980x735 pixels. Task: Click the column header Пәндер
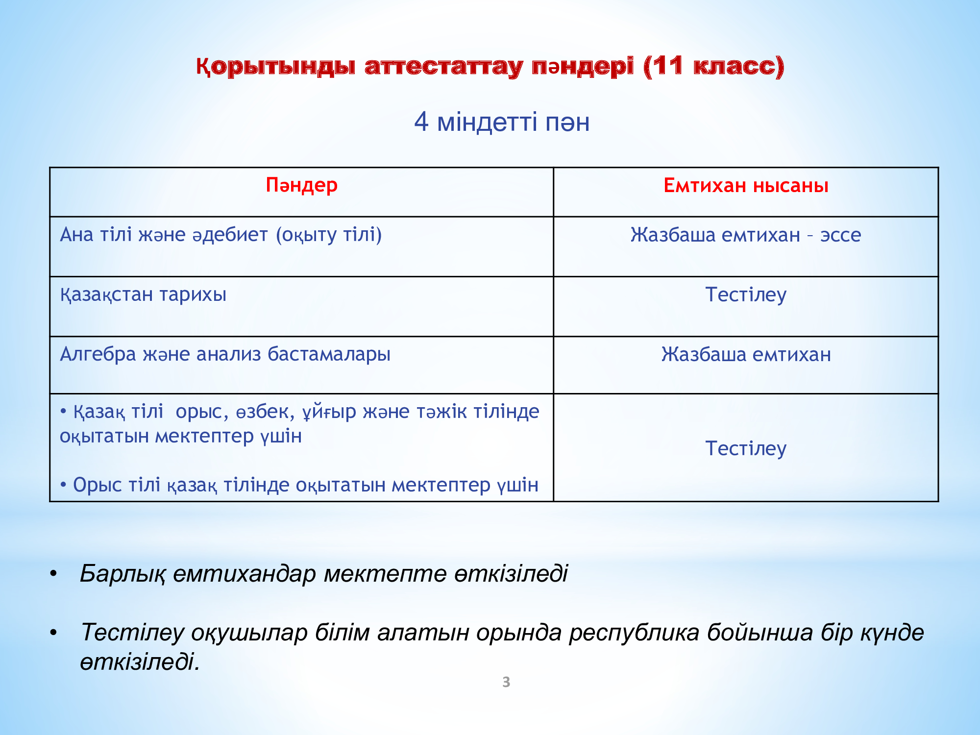(x=301, y=186)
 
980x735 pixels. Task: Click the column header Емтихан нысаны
(x=746, y=186)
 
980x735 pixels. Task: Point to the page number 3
(x=506, y=682)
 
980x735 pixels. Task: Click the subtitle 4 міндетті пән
(x=502, y=122)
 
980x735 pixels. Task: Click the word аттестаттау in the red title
(x=444, y=67)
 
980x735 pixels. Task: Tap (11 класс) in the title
(x=714, y=66)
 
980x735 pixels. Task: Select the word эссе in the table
(x=841, y=235)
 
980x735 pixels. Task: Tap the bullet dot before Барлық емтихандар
(x=53, y=573)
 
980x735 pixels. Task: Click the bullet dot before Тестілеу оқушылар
(x=53, y=633)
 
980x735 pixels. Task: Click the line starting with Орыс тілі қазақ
(x=299, y=485)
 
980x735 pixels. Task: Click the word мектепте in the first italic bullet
(x=385, y=574)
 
